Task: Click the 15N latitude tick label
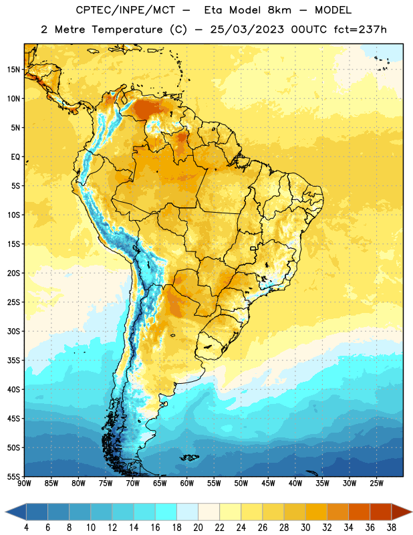[13, 70]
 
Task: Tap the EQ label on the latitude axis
[15, 157]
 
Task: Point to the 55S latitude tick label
[13, 476]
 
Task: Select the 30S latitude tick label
[13, 331]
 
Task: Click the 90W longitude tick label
[24, 484]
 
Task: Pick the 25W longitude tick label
[376, 484]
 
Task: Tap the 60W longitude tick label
[187, 484]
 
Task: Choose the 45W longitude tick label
[268, 484]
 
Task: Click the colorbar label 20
[198, 528]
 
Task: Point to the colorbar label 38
[392, 528]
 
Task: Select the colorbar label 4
[26, 528]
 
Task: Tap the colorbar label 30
[305, 528]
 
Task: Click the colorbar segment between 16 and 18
[166, 512]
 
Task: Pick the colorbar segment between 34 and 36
[360, 512]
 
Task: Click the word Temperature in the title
[127, 29]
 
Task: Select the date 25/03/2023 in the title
[247, 29]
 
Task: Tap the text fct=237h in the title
[360, 29]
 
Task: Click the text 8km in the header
[279, 10]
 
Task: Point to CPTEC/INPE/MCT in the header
[126, 10]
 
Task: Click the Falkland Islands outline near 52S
[189, 457]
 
